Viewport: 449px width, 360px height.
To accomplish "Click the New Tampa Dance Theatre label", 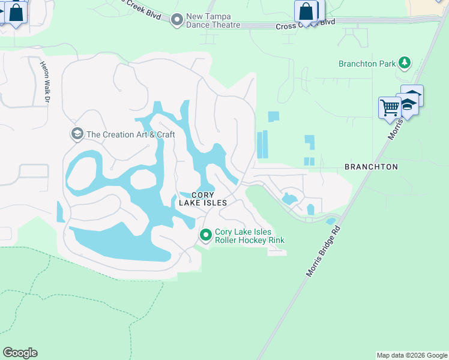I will pyautogui.click(x=213, y=20).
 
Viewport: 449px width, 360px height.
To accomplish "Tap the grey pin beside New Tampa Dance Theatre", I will pyautogui.click(x=176, y=20).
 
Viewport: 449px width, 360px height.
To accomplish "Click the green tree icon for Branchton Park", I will pyautogui.click(x=405, y=62).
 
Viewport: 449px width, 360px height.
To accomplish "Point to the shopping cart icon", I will pyautogui.click(x=390, y=108).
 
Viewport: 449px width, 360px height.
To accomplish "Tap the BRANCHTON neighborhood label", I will pyautogui.click(x=371, y=167).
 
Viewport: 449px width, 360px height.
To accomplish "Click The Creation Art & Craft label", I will pyautogui.click(x=131, y=134).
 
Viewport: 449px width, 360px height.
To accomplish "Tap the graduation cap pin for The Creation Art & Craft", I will pyautogui.click(x=77, y=134).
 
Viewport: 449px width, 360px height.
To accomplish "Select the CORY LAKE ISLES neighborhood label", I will pyautogui.click(x=203, y=199).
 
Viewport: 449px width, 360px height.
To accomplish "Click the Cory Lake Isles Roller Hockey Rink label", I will pyautogui.click(x=249, y=236).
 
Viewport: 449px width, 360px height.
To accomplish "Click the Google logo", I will pyautogui.click(x=20, y=353).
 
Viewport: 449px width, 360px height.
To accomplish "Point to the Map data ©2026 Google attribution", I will pyautogui.click(x=412, y=355).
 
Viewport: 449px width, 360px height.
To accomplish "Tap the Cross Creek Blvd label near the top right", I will pyautogui.click(x=304, y=26).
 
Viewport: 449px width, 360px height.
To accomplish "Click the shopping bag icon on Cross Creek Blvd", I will pyautogui.click(x=306, y=11).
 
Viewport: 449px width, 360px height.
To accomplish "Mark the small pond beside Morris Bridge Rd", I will pyautogui.click(x=331, y=221).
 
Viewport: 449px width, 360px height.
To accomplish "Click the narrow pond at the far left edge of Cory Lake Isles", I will pyautogui.click(x=60, y=211).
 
